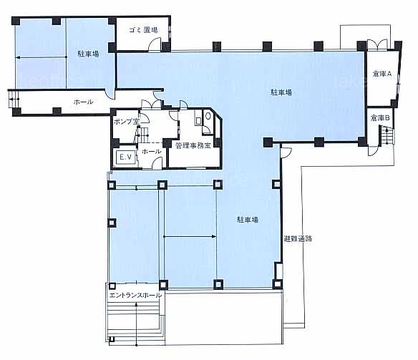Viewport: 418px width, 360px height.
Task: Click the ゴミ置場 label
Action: click(x=143, y=30)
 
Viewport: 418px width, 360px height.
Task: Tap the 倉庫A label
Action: click(x=381, y=74)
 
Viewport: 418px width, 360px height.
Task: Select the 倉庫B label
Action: click(x=380, y=118)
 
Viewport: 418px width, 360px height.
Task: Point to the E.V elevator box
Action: click(x=125, y=157)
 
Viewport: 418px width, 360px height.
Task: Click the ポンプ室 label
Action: click(x=127, y=122)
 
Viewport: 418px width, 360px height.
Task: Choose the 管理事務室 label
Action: click(x=193, y=145)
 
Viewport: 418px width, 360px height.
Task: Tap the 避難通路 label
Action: click(x=298, y=239)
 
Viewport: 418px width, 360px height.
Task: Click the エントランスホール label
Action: click(x=135, y=296)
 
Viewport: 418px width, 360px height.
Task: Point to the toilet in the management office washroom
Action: click(x=208, y=116)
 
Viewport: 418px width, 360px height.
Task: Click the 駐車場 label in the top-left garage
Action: click(x=88, y=54)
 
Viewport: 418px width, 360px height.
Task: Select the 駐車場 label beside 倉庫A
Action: click(x=281, y=92)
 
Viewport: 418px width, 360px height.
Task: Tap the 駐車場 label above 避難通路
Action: click(x=248, y=220)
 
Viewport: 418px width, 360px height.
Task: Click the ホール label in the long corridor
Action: click(x=84, y=102)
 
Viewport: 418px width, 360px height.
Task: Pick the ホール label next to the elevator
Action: click(x=152, y=151)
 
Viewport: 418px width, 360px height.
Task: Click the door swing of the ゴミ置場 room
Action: click(x=155, y=44)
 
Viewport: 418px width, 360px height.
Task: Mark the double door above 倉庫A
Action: click(x=377, y=44)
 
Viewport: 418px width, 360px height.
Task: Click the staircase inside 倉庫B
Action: click(x=386, y=136)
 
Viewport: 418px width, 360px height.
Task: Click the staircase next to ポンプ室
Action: click(x=142, y=135)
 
